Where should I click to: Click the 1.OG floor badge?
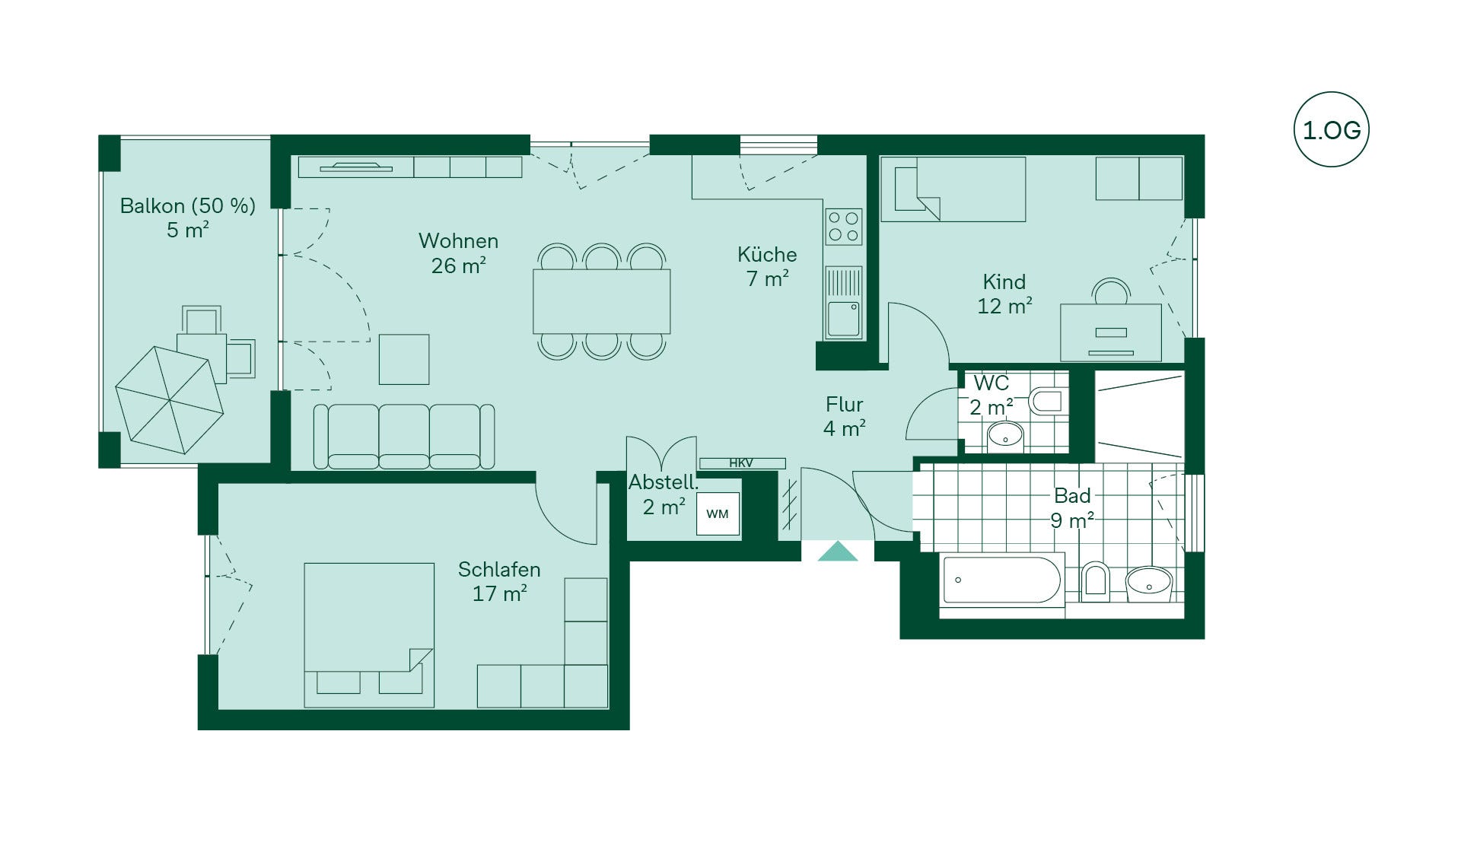(1331, 129)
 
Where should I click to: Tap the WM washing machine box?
(718, 513)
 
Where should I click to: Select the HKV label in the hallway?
(742, 463)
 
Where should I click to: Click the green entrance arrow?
(838, 552)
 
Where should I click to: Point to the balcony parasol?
(170, 400)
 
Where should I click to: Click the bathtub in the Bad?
(1001, 581)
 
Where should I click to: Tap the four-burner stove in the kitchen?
(844, 226)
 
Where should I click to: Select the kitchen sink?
(844, 302)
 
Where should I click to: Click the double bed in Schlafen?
(369, 635)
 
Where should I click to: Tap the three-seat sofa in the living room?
(404, 437)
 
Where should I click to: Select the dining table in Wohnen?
(602, 301)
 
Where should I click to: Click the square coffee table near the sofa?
(404, 359)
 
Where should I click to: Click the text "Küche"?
(767, 254)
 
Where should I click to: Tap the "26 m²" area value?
(458, 265)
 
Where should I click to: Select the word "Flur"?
(845, 404)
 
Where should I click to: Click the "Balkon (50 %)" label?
(188, 205)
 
